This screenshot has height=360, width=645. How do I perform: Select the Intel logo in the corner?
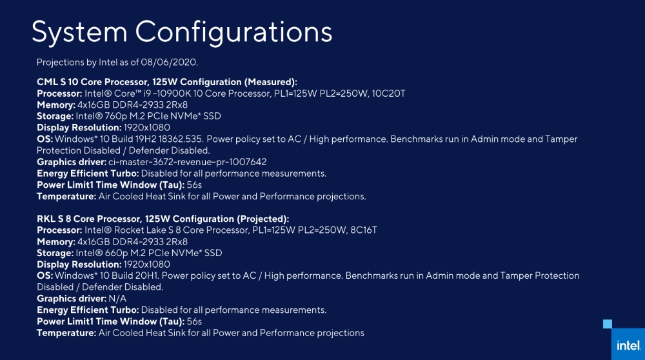pyautogui.click(x=628, y=345)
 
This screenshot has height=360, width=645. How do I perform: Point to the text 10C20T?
pyautogui.click(x=388, y=94)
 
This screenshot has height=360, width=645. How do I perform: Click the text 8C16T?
pyautogui.click(x=362, y=230)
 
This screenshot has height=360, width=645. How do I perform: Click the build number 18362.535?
pyautogui.click(x=179, y=139)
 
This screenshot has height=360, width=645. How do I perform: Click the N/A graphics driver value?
pyautogui.click(x=118, y=299)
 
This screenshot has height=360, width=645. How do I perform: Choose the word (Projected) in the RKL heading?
pyautogui.click(x=262, y=219)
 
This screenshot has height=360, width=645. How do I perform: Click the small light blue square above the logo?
pyautogui.click(x=607, y=323)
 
